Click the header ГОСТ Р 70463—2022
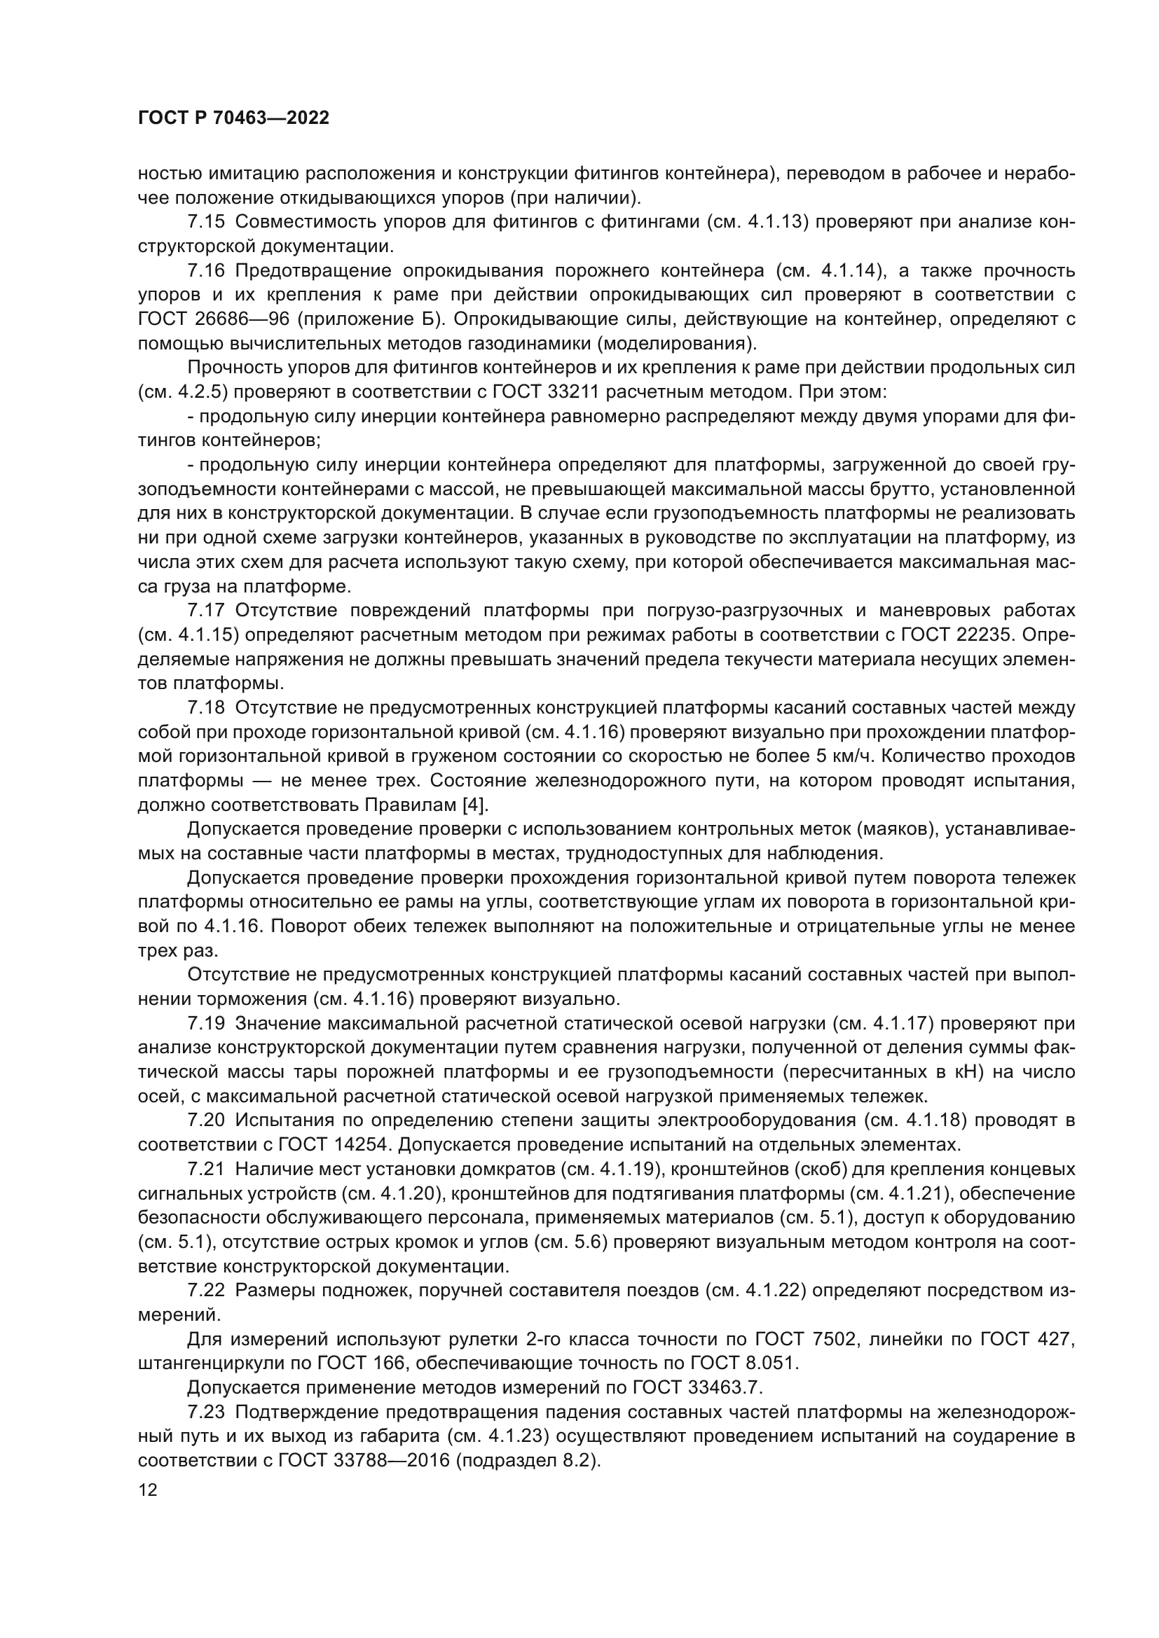(233, 118)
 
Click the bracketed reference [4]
(474, 805)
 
